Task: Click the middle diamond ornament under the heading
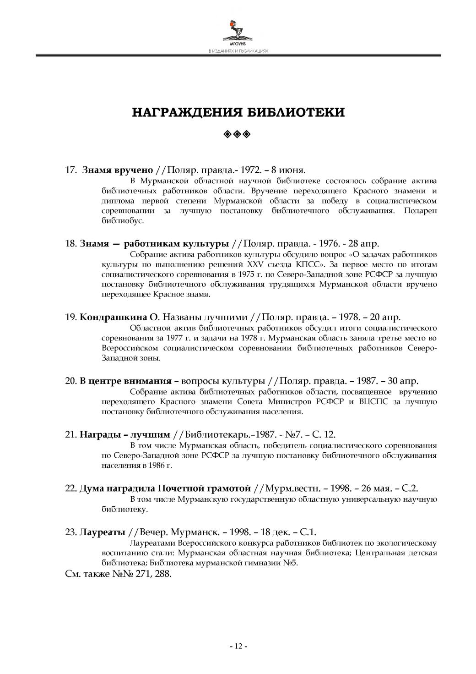(238, 134)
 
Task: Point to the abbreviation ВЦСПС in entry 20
(374, 402)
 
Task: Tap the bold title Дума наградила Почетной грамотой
(165, 488)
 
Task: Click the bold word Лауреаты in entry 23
(103, 532)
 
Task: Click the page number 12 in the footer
(238, 647)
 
